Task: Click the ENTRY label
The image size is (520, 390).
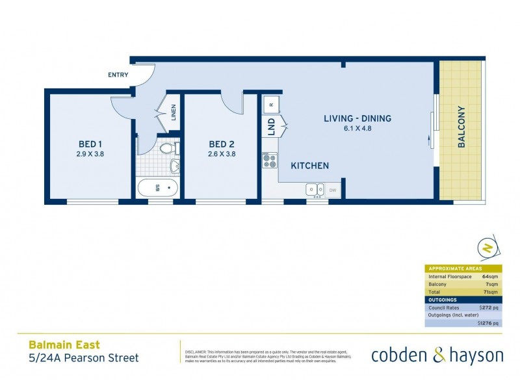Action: [x=118, y=75]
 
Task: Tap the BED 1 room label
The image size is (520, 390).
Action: [x=90, y=144]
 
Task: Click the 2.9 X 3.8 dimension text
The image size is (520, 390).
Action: [x=90, y=155]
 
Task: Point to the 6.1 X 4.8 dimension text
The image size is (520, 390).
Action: [x=357, y=129]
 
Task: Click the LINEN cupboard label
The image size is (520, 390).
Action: [x=173, y=112]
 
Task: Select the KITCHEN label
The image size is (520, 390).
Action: [x=309, y=166]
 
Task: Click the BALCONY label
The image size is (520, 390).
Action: [x=461, y=127]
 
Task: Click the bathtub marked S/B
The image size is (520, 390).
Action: [x=157, y=188]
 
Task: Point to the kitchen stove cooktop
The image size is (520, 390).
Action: [x=269, y=160]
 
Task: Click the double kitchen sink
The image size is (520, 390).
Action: [x=315, y=190]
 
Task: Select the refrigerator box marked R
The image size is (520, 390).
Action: [x=271, y=103]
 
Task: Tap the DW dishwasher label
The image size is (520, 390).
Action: [x=333, y=190]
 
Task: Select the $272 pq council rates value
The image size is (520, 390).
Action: [x=487, y=307]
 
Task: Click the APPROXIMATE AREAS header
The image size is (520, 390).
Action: [x=454, y=268]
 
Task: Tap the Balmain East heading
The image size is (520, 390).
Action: [x=64, y=345]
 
